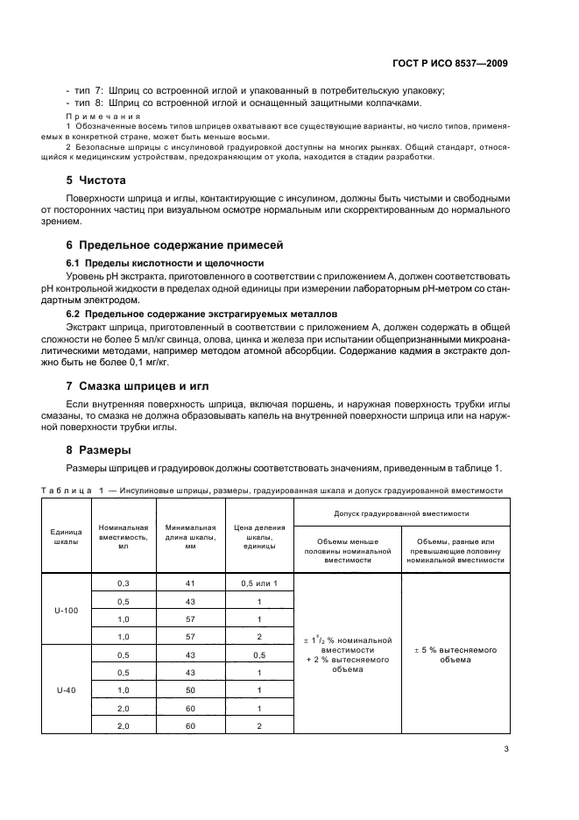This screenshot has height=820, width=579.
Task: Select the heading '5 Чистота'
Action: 97,180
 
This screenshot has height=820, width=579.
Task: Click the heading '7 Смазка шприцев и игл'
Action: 138,385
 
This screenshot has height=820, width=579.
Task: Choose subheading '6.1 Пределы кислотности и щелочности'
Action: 166,263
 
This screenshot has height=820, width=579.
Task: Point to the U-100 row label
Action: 66,611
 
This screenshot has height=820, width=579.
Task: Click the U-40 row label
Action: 66,690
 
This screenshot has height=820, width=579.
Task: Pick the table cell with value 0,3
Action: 123,583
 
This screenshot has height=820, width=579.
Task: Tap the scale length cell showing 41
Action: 189,583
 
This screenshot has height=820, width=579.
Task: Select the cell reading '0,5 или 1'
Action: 259,583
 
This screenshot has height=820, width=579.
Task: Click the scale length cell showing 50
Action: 189,690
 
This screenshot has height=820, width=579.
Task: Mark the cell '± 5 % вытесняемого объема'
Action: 455,654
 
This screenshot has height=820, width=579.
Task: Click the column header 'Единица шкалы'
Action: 66,536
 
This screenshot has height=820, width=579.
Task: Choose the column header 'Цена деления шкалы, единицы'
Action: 259,536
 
